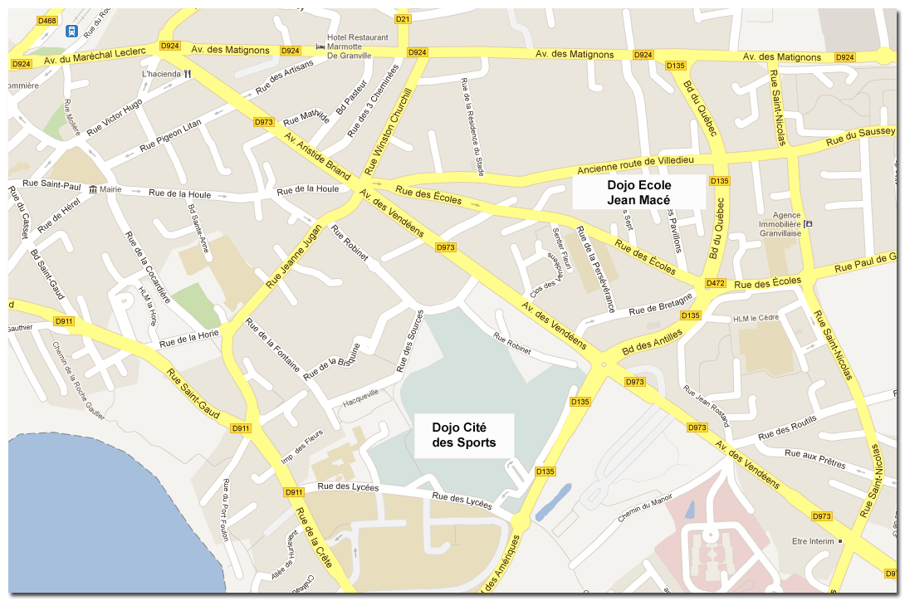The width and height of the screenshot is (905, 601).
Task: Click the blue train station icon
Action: click(72, 32)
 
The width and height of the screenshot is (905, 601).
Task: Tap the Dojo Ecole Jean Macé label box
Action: click(638, 192)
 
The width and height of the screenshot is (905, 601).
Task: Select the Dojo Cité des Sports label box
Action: click(464, 435)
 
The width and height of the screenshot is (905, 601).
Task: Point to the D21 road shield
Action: click(403, 19)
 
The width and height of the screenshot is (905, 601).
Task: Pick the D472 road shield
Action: click(716, 283)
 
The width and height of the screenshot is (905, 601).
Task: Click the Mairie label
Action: click(110, 189)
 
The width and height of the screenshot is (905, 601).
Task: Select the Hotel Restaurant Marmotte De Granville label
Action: click(358, 47)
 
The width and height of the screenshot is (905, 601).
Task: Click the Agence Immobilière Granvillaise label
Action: click(780, 224)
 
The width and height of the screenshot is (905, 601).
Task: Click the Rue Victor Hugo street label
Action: click(115, 117)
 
